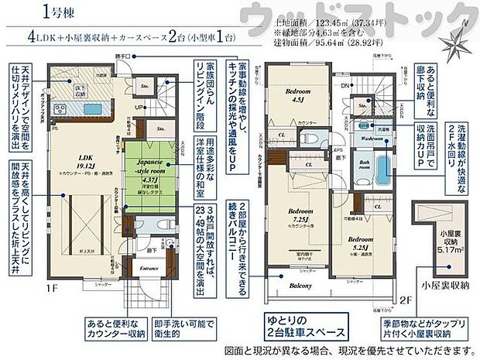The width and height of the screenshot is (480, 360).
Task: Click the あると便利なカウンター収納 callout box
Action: pyautogui.click(x=105, y=326)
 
